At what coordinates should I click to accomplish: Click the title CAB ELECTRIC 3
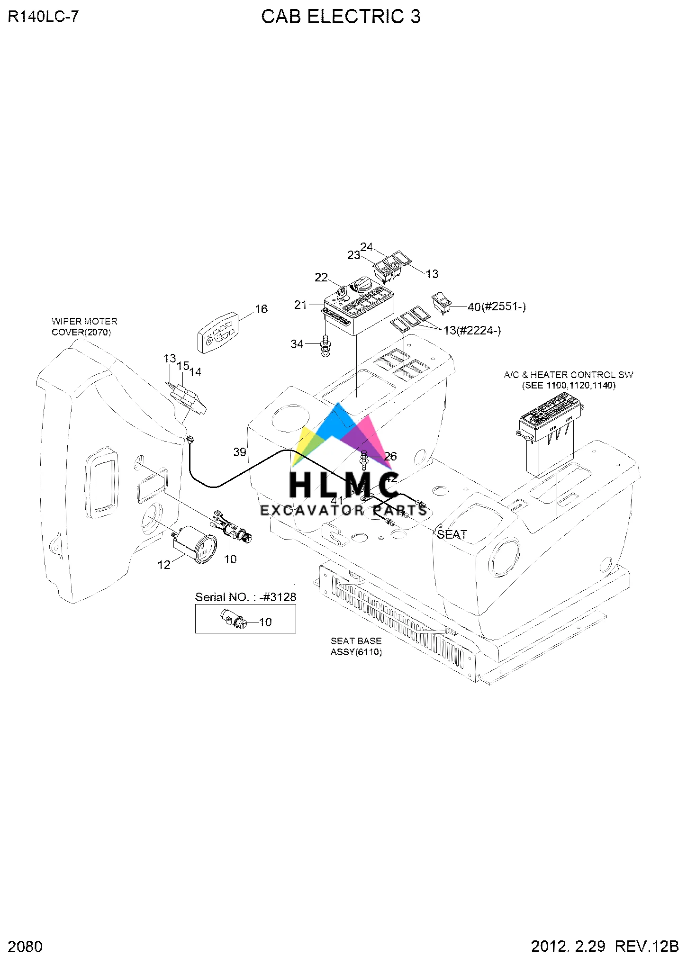341,17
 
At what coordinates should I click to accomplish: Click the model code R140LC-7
43,17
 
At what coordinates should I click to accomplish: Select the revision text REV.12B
647,946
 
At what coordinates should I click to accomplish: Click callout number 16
261,309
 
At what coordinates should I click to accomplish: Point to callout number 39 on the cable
240,452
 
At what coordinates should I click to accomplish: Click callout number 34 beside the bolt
297,344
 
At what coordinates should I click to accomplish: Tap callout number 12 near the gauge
163,565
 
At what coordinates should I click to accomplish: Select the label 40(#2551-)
497,307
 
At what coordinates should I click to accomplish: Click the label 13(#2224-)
472,330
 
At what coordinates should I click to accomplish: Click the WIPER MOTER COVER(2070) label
84,327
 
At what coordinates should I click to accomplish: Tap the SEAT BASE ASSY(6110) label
356,646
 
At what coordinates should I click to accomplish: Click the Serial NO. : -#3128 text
245,597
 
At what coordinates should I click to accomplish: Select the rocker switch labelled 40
442,303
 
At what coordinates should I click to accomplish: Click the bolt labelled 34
325,346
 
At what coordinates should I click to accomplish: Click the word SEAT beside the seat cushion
452,534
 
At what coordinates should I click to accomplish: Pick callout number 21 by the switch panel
300,305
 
